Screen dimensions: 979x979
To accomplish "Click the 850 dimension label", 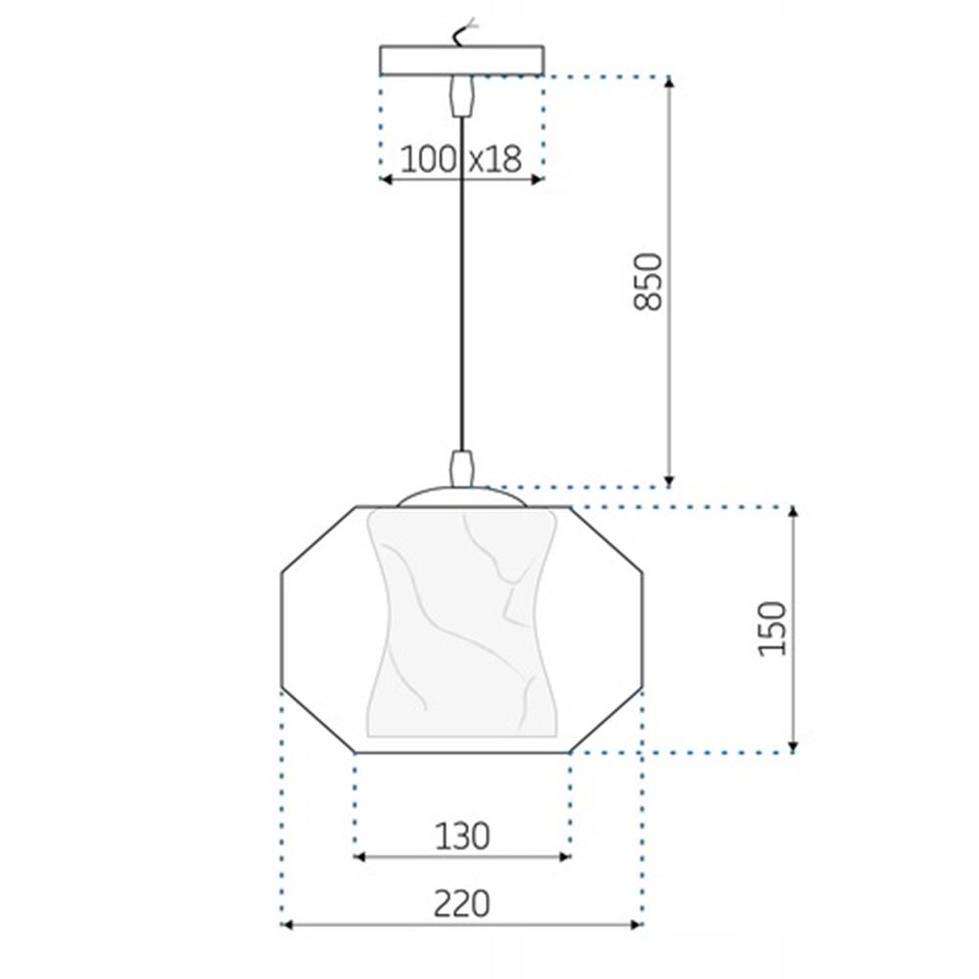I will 648,281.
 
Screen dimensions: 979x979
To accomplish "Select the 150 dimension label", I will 772,629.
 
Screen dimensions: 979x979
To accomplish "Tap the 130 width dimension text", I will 461,836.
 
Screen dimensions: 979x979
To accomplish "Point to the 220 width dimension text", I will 461,904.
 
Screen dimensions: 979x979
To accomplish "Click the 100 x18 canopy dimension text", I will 461,160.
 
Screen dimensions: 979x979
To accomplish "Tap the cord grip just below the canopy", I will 461,95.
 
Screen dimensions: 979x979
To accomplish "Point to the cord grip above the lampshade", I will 461,468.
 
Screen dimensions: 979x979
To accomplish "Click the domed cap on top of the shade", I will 461,496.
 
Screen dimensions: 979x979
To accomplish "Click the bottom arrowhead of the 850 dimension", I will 670,480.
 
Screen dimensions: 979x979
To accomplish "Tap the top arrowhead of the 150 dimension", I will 792,513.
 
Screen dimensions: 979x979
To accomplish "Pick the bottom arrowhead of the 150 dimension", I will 792,747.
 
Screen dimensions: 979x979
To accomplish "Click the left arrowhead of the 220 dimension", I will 287,923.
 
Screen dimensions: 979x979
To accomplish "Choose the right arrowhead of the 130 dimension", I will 565,857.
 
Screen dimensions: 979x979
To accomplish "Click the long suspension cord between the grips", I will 461,284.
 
